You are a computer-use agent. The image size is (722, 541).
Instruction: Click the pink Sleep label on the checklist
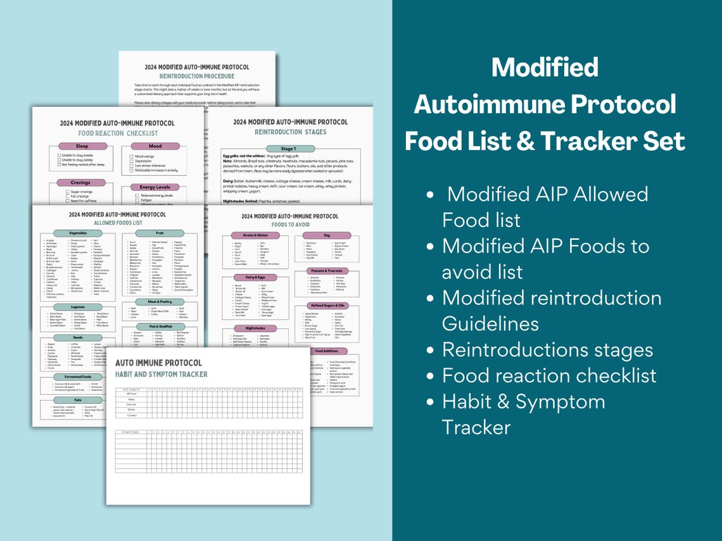pos(82,146)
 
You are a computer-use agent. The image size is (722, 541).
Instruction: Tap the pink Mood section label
pos(155,146)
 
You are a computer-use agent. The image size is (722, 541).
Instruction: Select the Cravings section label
pos(82,183)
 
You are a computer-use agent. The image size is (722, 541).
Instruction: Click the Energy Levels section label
pos(155,187)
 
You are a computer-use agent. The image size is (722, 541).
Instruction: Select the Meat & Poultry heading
pos(159,301)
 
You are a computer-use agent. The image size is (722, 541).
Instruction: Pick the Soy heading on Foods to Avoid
pos(327,235)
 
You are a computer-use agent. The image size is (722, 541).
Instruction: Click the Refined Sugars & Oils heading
pos(327,306)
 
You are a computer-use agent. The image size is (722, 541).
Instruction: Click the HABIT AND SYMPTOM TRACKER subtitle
pos(161,375)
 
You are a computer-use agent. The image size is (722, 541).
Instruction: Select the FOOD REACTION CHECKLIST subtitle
pos(118,134)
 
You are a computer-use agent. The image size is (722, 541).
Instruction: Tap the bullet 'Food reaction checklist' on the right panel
pos(549,375)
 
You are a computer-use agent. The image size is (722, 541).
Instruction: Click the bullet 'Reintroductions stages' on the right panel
pos(547,349)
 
